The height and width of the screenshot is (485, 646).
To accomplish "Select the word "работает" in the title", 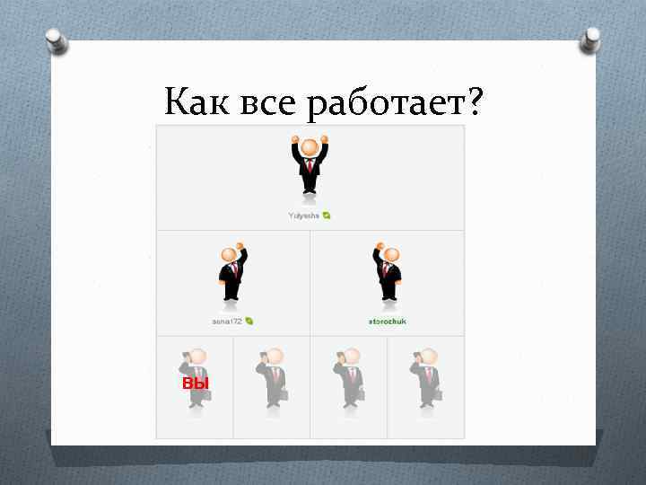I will (x=385, y=107).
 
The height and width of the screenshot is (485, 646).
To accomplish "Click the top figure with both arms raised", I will (x=310, y=165).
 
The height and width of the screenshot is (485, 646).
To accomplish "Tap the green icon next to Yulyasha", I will (x=327, y=216).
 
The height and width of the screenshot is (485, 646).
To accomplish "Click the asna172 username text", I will (x=228, y=321).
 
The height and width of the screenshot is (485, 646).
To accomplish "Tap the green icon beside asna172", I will (x=249, y=321).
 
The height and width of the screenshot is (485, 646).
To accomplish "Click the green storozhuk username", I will (x=387, y=321).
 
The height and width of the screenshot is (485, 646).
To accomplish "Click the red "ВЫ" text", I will (x=195, y=384).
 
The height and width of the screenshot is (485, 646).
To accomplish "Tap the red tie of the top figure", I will (x=310, y=166).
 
